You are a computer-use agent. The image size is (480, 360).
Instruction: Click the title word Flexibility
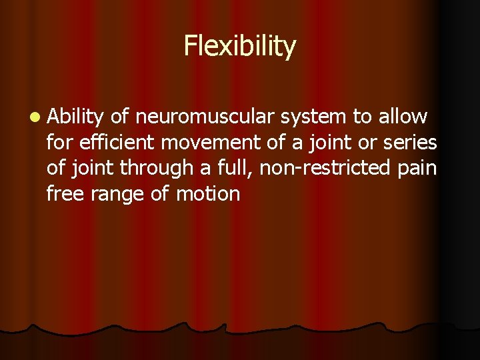[x=239, y=47]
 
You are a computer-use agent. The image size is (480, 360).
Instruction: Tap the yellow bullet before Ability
[x=33, y=117]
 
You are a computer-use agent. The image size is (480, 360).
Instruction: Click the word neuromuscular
[x=203, y=117]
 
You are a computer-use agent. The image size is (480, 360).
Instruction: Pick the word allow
[x=403, y=117]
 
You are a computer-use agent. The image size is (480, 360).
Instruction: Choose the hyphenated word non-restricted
[x=324, y=169]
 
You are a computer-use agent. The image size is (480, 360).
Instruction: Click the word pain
[x=416, y=169]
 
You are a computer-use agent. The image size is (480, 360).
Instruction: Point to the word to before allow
[x=362, y=117]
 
